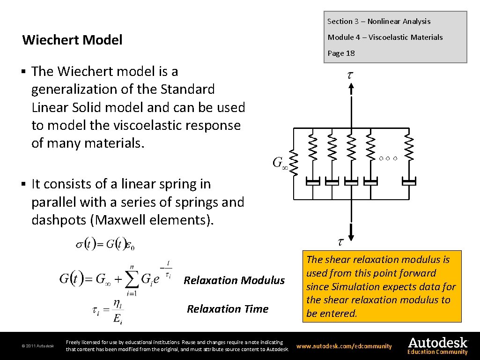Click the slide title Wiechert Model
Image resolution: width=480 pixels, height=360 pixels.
click(x=72, y=40)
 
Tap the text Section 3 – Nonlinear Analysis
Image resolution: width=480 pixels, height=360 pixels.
click(x=378, y=21)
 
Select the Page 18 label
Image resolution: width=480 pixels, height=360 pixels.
click(x=341, y=53)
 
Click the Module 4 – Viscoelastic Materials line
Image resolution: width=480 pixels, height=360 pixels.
click(x=385, y=37)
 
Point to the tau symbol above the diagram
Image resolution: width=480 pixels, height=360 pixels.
click(x=350, y=75)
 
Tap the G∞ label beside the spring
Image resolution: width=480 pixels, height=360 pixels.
click(x=280, y=163)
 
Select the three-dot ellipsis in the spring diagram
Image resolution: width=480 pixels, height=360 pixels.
click(x=388, y=158)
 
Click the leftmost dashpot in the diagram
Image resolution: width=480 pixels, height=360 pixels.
click(x=313, y=181)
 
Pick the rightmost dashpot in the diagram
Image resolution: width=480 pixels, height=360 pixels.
click(x=409, y=181)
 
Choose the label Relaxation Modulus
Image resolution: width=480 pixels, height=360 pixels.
click(x=234, y=280)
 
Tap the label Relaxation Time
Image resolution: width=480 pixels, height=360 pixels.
click(x=228, y=309)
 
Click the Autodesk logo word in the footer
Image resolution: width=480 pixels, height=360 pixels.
click(x=437, y=343)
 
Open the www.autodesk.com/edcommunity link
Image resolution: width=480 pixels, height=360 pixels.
click(x=344, y=346)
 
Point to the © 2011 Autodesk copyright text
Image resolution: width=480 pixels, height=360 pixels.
click(x=37, y=346)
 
